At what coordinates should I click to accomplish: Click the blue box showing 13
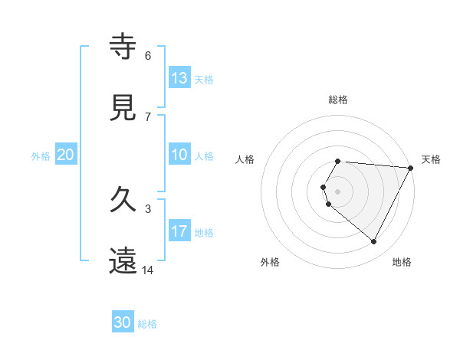(x=179, y=78)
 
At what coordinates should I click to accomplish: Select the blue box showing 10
(x=179, y=155)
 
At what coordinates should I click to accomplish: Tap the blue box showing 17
(x=179, y=231)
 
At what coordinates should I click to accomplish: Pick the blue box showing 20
(x=65, y=155)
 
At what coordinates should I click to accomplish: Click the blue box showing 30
(x=123, y=322)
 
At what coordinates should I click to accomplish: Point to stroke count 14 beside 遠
(x=148, y=270)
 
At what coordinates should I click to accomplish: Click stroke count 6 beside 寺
(x=148, y=55)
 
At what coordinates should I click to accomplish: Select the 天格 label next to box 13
(x=203, y=80)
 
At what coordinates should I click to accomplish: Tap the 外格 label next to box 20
(x=41, y=156)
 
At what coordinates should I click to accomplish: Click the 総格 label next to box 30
(x=147, y=324)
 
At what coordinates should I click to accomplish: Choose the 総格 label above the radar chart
(x=337, y=100)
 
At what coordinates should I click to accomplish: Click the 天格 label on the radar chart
(x=431, y=159)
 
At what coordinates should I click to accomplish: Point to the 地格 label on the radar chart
(x=402, y=262)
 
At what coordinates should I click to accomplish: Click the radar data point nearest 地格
(x=373, y=242)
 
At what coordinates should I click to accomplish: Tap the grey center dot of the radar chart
(x=337, y=191)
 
